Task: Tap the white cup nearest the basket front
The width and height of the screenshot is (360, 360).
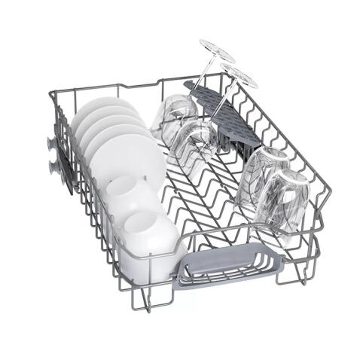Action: pos(151,233)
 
